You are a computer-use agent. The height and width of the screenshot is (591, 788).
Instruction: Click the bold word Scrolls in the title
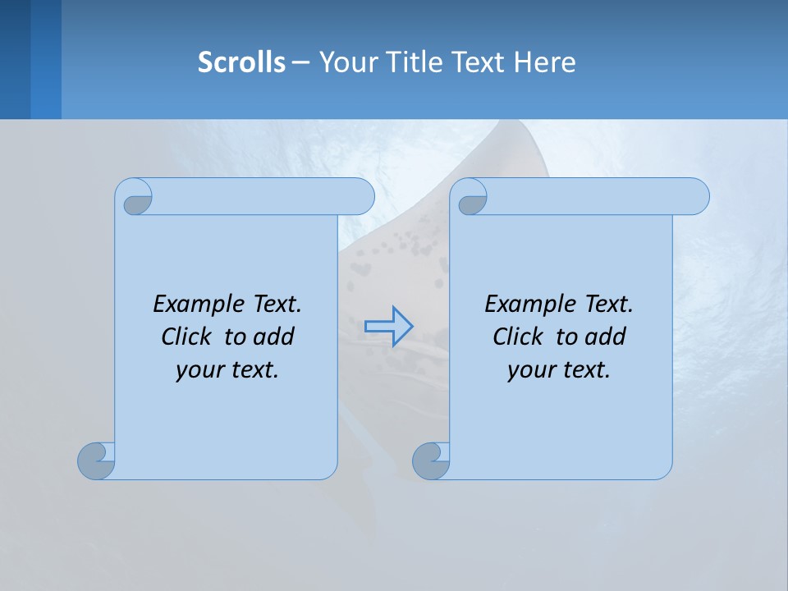pos(241,62)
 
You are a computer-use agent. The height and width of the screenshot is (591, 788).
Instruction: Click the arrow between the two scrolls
pos(388,327)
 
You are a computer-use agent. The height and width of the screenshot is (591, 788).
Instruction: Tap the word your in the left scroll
pos(197,369)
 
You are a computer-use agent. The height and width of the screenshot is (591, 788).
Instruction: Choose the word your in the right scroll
pos(529,369)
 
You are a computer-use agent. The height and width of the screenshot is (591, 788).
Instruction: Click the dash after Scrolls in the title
pos(300,62)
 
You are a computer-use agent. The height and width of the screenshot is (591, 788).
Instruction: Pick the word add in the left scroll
pos(274,337)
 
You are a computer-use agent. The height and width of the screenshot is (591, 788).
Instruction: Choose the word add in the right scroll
pos(606,337)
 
